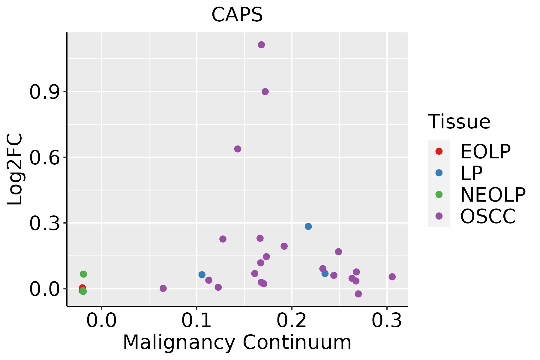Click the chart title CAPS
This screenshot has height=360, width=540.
(237, 15)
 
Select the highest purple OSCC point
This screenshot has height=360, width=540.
(261, 45)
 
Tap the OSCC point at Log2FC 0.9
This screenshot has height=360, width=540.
(265, 91)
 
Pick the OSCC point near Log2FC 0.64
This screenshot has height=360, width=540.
(238, 149)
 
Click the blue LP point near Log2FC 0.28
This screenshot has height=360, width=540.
(308, 226)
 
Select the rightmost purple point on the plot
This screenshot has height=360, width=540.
(392, 277)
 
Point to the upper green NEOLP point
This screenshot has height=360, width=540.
(83, 274)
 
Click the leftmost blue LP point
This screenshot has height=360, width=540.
(202, 274)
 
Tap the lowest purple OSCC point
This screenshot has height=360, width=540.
(358, 294)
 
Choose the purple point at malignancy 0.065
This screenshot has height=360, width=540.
(163, 288)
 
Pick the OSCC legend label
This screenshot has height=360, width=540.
(488, 216)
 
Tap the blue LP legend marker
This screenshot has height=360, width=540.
(439, 173)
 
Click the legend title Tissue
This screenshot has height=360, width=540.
(459, 122)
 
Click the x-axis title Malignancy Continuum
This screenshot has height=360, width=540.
(237, 342)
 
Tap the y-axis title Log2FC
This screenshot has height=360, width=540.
(15, 169)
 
